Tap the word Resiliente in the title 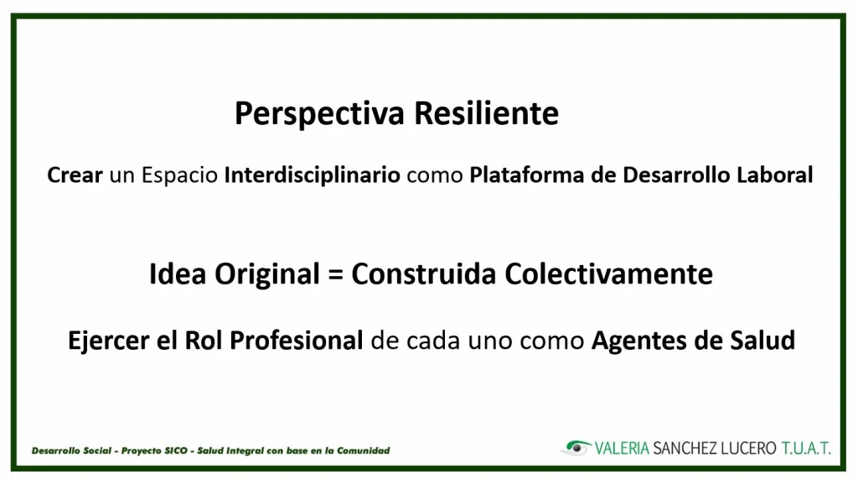pyautogui.click(x=486, y=112)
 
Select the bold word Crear pyautogui.click(x=75, y=175)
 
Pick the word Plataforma pyautogui.click(x=526, y=175)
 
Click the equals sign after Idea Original pyautogui.click(x=335, y=274)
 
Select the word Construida pyautogui.click(x=424, y=273)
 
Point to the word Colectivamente pyautogui.click(x=608, y=273)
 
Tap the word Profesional pyautogui.click(x=296, y=340)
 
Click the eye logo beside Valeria pyautogui.click(x=576, y=448)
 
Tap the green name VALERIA pyautogui.click(x=623, y=449)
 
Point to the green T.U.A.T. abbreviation pyautogui.click(x=806, y=449)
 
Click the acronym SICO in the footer pyautogui.click(x=176, y=450)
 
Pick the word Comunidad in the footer pyautogui.click(x=364, y=450)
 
